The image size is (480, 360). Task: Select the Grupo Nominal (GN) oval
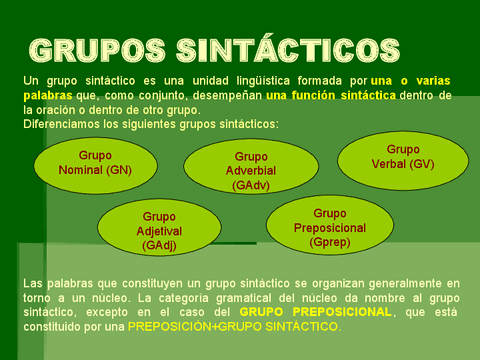[95, 163]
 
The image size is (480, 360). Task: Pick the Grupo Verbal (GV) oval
[402, 157]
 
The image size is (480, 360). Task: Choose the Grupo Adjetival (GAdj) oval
[158, 229]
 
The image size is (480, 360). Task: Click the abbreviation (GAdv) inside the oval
[250, 185]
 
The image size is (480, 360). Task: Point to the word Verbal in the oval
[393, 164]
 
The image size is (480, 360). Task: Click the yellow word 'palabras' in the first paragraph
[45, 96]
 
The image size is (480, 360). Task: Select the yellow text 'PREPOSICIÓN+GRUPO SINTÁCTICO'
[234, 326]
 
